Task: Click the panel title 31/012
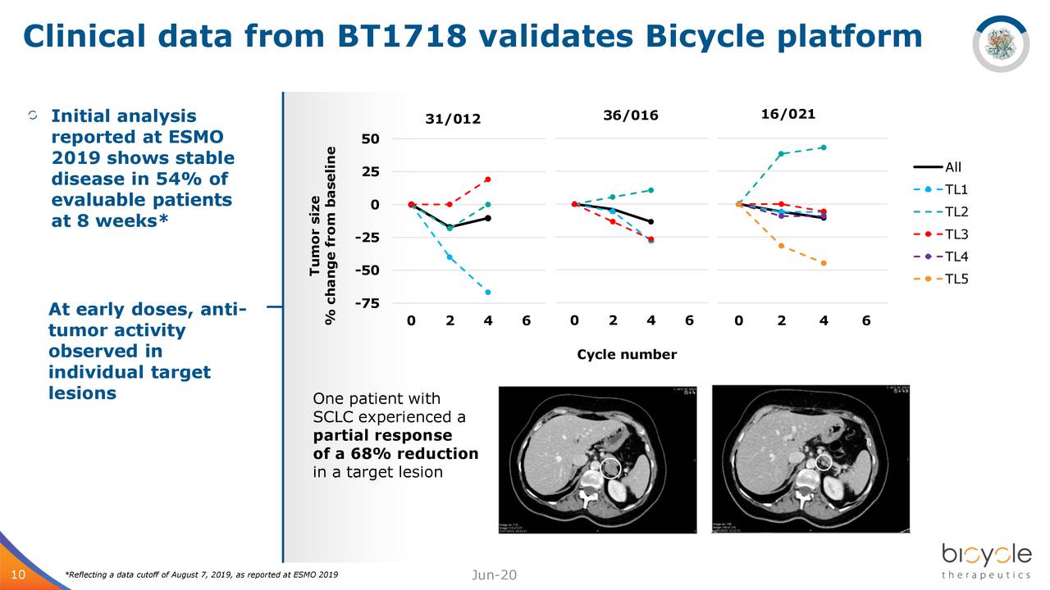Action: point(453,120)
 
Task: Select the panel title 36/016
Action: point(630,116)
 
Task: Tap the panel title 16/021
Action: point(787,114)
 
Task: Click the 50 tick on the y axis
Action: point(370,138)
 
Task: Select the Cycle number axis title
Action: point(627,355)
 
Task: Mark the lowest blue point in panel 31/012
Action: point(488,293)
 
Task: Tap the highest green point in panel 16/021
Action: point(823,147)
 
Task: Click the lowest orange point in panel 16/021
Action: point(823,263)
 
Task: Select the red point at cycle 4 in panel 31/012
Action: point(488,179)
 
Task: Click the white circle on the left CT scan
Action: point(609,468)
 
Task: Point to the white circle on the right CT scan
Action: point(824,463)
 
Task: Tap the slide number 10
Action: point(17,574)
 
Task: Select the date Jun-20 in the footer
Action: point(495,574)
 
